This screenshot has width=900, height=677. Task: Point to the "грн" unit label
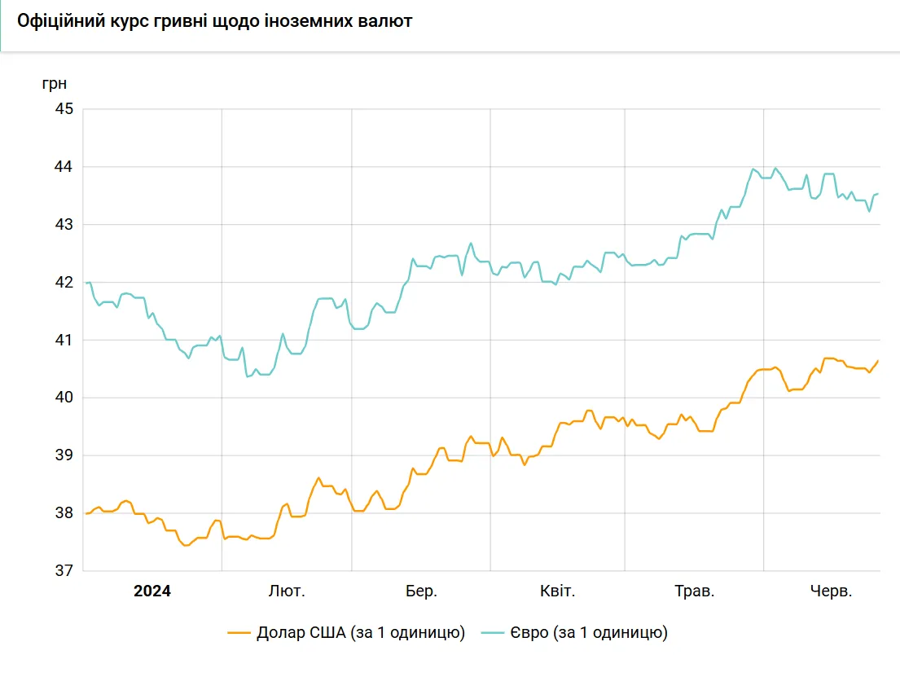55,84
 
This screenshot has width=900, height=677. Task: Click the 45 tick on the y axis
64,108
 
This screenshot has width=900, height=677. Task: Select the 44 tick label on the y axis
64,166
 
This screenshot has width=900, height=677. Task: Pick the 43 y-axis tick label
64,225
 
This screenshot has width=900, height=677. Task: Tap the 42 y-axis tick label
64,283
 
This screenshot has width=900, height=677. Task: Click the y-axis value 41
64,340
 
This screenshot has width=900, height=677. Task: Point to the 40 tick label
64,398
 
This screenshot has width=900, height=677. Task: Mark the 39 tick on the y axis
64,455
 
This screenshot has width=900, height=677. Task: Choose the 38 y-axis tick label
64,512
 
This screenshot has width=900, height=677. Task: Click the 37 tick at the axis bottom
64,571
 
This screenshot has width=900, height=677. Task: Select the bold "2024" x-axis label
152,591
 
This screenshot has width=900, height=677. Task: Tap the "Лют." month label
287,591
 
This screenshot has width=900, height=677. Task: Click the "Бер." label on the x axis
421,591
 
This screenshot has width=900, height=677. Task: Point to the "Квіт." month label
557,591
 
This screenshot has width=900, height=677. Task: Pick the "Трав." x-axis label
695,591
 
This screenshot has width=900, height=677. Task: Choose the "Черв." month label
831,591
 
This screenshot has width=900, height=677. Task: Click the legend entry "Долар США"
346,633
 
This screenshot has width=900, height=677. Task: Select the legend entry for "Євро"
574,633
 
